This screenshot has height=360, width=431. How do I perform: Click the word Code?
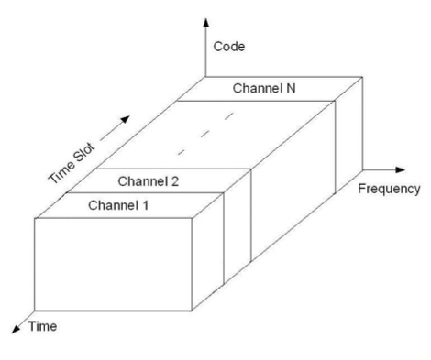(229, 47)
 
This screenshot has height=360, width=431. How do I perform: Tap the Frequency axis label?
(389, 189)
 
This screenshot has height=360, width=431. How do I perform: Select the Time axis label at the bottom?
(42, 326)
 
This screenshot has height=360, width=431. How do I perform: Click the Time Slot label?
(72, 163)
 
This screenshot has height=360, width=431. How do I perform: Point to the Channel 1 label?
(118, 205)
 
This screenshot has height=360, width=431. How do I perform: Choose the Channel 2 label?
(148, 181)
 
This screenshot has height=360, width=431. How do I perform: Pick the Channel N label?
(264, 88)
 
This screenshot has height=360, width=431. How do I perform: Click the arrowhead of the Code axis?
(206, 22)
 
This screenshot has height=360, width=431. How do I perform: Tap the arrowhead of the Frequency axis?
(400, 169)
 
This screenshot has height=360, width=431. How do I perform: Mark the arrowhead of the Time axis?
(16, 329)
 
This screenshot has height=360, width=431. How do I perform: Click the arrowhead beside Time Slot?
(126, 119)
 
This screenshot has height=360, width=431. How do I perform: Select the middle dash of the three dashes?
(205, 134)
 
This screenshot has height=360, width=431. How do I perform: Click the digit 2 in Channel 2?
(175, 181)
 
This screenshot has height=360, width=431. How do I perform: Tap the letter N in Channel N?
(291, 88)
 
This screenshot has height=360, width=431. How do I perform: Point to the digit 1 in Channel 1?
(145, 205)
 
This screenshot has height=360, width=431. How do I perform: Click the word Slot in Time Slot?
(85, 152)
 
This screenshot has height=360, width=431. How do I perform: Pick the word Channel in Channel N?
(258, 88)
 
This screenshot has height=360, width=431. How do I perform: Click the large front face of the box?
(113, 265)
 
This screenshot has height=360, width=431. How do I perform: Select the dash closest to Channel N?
(229, 116)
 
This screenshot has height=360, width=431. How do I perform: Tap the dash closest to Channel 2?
(182, 152)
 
